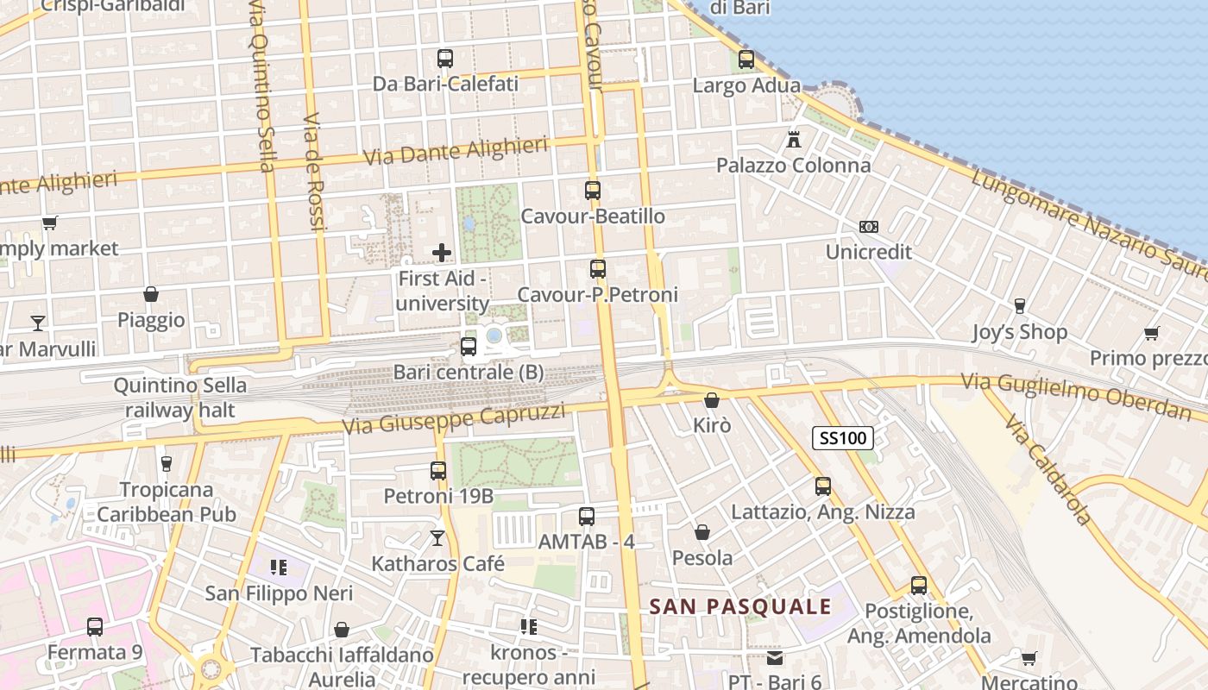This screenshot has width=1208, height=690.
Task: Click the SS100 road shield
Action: [x=842, y=438]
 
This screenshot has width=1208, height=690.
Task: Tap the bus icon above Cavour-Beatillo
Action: [x=593, y=191]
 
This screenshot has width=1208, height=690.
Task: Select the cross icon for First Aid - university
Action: [x=442, y=253]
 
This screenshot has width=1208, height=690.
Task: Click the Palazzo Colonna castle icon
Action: [x=794, y=139]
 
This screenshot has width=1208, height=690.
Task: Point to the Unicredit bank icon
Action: [x=869, y=227]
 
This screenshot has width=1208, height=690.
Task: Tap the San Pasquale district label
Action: [x=740, y=606]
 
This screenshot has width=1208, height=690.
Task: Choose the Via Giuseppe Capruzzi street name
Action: [x=454, y=418]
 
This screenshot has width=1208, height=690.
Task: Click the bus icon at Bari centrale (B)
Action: [x=469, y=347]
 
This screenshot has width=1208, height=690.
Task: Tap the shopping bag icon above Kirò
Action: [x=712, y=400]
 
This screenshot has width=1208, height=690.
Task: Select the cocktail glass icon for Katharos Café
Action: [x=437, y=538]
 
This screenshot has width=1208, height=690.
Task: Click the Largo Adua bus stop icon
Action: [x=746, y=60]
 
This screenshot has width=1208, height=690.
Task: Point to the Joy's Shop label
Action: [x=1019, y=332]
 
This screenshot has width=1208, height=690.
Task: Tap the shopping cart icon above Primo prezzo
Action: [x=1151, y=333]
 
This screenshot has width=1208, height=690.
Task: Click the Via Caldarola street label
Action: [x=1047, y=470]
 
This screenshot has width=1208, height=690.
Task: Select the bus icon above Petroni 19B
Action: [x=438, y=471]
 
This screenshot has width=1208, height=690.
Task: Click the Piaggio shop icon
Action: [x=151, y=295]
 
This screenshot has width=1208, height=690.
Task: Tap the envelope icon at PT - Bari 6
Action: [x=775, y=658]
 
